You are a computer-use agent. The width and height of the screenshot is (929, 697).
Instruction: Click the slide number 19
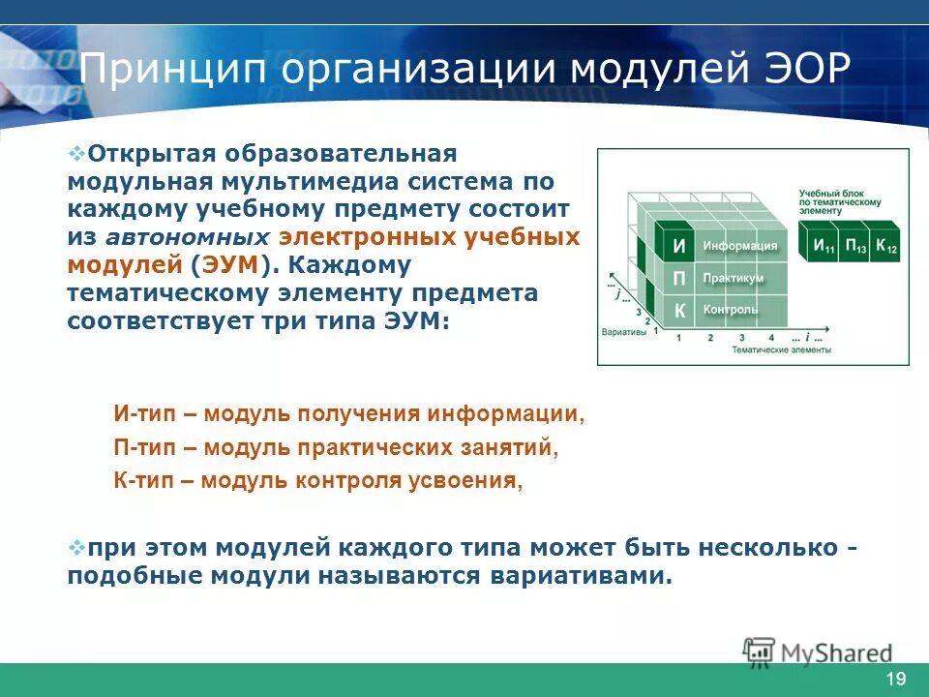pos(895,679)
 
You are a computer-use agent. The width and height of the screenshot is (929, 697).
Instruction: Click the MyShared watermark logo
pos(818,652)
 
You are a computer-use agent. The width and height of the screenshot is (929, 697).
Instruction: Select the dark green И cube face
pos(679,247)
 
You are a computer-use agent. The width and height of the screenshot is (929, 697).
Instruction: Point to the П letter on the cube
pos(679,279)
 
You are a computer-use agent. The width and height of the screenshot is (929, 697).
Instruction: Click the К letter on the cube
pos(679,311)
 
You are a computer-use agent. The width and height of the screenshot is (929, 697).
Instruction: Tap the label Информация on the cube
pos(739,246)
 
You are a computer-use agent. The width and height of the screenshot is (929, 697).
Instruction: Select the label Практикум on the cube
pos(734,278)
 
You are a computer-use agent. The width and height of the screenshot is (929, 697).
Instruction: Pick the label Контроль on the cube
pos(731,310)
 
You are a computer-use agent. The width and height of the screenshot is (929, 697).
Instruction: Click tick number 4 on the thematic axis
pos(771,338)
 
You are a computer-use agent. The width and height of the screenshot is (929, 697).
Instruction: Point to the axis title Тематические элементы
pos(782,350)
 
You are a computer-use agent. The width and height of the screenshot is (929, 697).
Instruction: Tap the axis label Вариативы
pos(622,331)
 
